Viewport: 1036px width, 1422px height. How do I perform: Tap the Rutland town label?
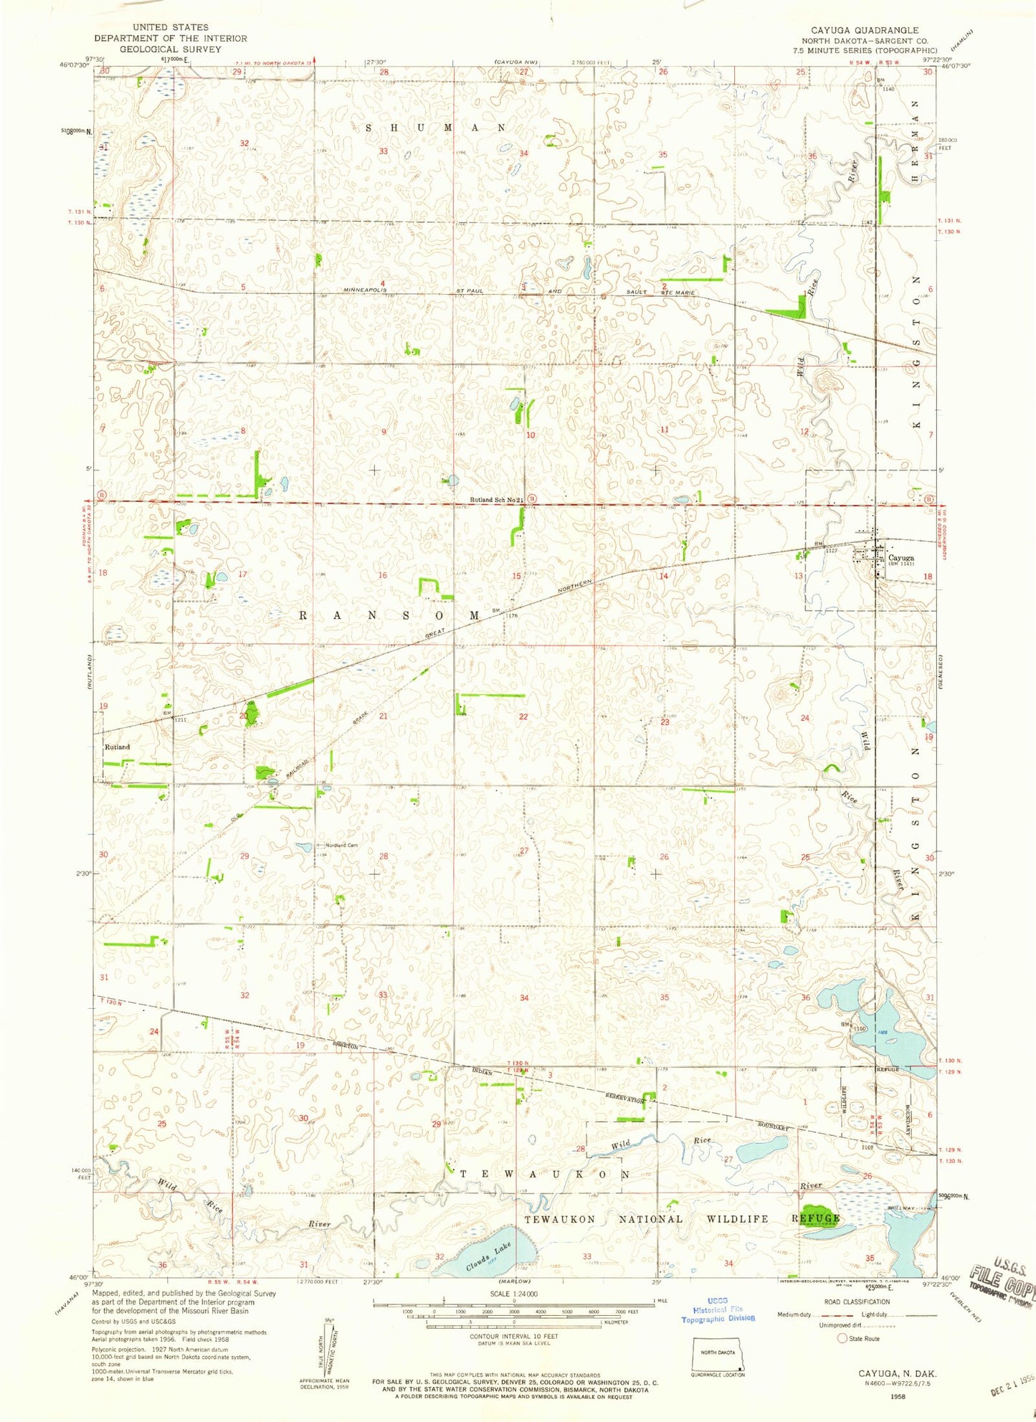(x=118, y=746)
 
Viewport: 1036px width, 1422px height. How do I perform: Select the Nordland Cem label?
(x=341, y=845)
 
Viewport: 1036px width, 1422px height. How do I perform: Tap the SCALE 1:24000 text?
(x=513, y=1294)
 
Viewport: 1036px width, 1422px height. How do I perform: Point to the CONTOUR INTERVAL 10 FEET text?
(x=513, y=1336)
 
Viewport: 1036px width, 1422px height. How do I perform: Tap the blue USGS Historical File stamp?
(x=718, y=1309)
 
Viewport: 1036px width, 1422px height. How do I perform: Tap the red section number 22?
(x=523, y=716)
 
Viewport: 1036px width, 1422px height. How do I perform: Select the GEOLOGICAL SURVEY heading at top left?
(x=170, y=49)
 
